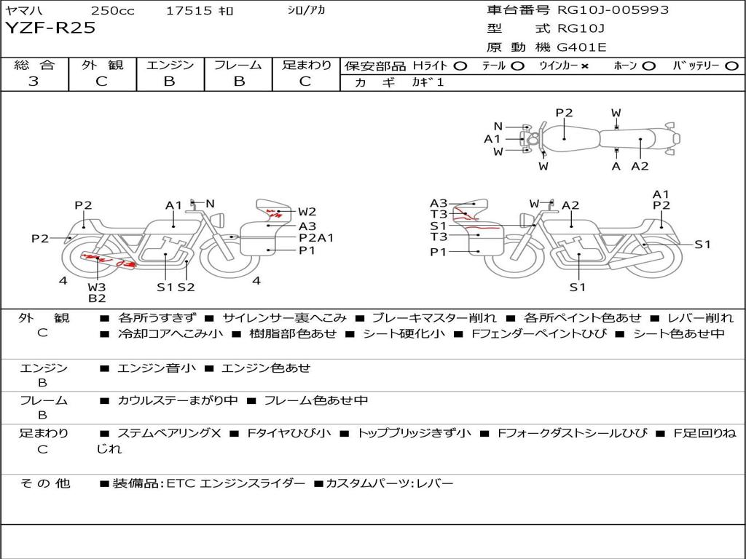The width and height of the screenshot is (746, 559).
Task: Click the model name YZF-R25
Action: tap(50, 28)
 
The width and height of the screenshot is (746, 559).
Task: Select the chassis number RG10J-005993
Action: tap(613, 9)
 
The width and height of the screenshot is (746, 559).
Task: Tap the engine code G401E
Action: tap(582, 47)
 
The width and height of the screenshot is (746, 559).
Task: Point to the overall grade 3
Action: tap(34, 81)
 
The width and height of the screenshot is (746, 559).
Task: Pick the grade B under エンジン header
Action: tap(169, 81)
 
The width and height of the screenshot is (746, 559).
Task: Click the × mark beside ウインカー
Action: tap(585, 66)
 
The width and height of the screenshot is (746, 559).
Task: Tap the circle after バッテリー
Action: tap(731, 66)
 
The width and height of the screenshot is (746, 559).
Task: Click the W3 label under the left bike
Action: tap(97, 287)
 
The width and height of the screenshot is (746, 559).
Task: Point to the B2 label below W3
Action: tap(97, 298)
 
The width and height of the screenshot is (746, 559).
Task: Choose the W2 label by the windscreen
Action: tap(307, 212)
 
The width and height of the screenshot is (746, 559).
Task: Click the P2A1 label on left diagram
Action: tap(316, 238)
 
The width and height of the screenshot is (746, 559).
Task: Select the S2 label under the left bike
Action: tap(186, 287)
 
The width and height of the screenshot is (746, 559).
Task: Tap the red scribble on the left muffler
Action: tap(109, 260)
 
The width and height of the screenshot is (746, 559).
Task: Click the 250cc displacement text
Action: tap(112, 10)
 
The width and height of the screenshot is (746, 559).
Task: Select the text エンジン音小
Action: tap(157, 368)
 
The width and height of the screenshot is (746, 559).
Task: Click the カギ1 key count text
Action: tap(428, 82)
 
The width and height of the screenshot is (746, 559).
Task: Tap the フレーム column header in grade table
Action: tap(238, 65)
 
